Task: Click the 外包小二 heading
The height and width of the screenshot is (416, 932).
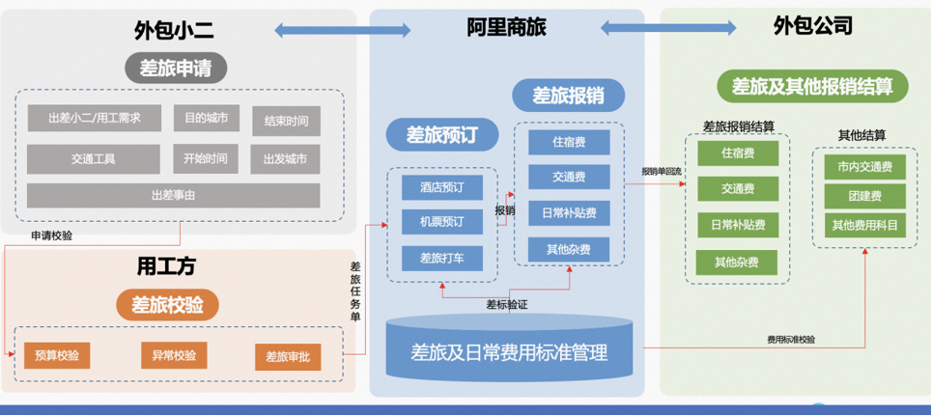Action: click(x=174, y=30)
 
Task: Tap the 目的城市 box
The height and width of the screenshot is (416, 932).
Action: click(x=207, y=119)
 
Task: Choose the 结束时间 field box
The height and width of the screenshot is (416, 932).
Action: click(x=286, y=121)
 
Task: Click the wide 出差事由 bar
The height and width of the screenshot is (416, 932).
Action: click(x=173, y=195)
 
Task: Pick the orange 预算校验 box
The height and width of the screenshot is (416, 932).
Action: click(x=57, y=355)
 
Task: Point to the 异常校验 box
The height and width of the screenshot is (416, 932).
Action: click(x=174, y=355)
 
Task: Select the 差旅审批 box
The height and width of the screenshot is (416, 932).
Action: click(x=288, y=356)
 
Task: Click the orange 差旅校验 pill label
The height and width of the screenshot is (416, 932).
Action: click(x=168, y=305)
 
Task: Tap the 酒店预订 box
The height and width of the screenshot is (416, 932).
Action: click(x=442, y=187)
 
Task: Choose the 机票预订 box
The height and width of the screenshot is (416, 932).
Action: click(x=442, y=222)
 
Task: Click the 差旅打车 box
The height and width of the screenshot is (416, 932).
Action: click(x=442, y=258)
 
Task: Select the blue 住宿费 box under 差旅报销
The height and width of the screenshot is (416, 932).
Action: click(x=569, y=142)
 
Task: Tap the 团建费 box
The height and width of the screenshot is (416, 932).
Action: click(x=864, y=196)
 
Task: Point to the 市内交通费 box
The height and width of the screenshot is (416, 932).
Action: click(x=864, y=166)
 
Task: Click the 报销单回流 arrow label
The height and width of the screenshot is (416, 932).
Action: click(x=663, y=172)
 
